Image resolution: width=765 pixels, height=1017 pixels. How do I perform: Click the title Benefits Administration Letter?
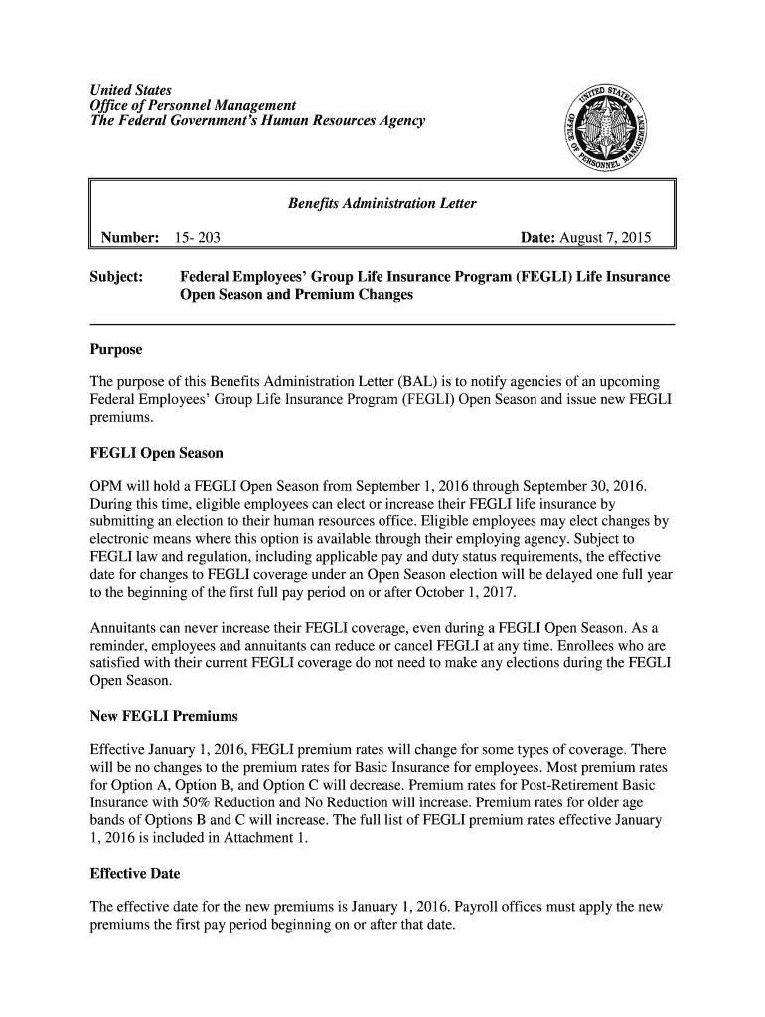point(382,204)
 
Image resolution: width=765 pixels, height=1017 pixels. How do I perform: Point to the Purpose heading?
point(115,350)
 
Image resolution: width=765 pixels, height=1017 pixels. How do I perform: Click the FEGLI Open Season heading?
point(156,453)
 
